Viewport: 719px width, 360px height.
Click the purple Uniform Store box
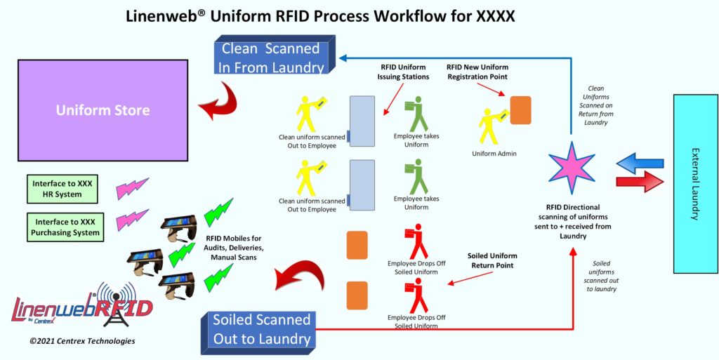pyautogui.click(x=103, y=110)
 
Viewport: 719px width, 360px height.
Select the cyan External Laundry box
pyautogui.click(x=695, y=184)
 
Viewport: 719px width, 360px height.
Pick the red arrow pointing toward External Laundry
pyautogui.click(x=640, y=184)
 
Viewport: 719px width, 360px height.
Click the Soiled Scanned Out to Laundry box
pyautogui.click(x=261, y=330)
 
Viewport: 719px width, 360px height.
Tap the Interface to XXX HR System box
pyautogui.click(x=62, y=189)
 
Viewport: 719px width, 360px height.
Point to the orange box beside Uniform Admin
pyautogui.click(x=520, y=109)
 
